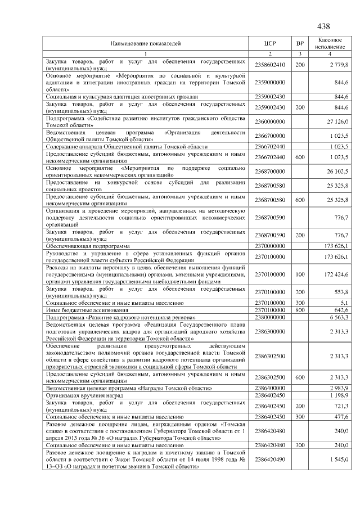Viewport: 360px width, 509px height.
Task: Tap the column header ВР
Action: point(300,43)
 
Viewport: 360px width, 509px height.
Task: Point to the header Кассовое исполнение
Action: point(330,43)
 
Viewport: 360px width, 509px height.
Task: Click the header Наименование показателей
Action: point(146,43)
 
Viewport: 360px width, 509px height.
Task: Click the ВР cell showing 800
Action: point(300,310)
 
